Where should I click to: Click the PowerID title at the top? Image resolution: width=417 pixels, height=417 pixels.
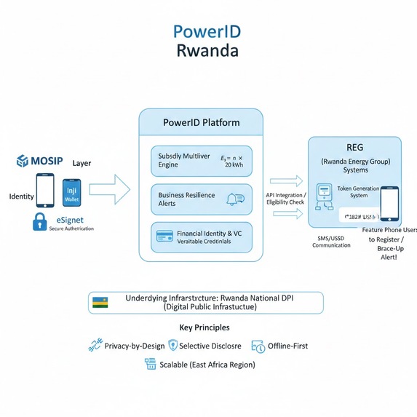[207, 32]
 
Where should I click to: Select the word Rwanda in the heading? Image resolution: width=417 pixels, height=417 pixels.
[207, 52]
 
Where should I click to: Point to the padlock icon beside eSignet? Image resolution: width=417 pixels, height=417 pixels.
[39, 223]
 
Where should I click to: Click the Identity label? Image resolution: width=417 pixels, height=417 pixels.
[21, 196]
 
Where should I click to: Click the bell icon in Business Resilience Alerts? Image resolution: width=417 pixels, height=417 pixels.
[235, 199]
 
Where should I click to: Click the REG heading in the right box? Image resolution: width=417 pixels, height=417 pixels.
[354, 146]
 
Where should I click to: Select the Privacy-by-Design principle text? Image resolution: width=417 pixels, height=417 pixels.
[133, 346]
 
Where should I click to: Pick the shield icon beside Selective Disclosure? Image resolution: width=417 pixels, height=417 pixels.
[172, 346]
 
